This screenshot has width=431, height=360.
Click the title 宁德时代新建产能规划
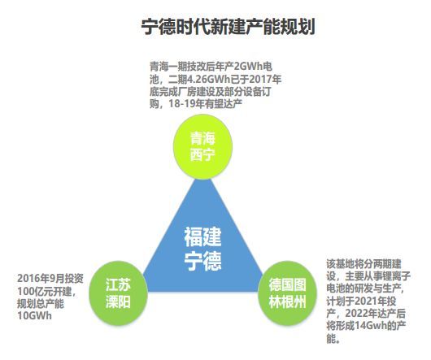228,27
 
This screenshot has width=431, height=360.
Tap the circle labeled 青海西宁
202,147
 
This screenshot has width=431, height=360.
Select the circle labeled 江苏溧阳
118,293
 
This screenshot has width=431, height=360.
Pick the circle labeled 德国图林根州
287,293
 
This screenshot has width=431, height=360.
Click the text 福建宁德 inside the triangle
202,249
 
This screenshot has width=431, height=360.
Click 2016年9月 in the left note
41,279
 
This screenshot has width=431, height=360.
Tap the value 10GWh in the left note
34,316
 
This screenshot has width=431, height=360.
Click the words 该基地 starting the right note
340,264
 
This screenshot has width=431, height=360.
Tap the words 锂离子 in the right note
397,276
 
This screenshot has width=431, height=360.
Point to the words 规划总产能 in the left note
41,303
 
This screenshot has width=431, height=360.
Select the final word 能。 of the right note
333,338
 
